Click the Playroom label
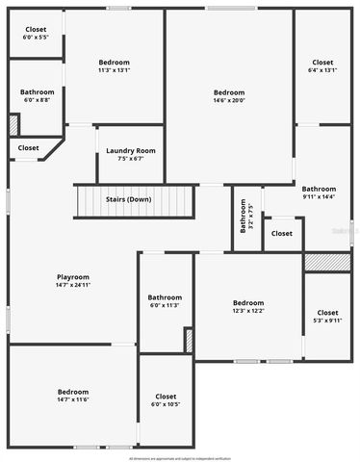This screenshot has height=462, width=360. [x=72, y=276]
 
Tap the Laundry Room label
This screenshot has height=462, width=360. [x=130, y=150]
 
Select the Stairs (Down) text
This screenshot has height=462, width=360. [x=128, y=199]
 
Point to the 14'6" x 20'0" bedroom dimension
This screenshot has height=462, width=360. [x=229, y=100]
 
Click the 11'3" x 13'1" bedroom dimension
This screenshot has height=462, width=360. [x=114, y=69]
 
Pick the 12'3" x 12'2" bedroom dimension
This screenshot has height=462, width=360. [x=247, y=311]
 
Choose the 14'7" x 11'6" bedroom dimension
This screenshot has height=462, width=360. [x=73, y=399]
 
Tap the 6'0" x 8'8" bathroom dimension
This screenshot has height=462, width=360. [x=37, y=99]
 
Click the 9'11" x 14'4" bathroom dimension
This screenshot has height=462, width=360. [x=319, y=196]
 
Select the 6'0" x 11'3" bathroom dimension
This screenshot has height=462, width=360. [x=165, y=305]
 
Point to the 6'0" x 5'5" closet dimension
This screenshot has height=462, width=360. [x=36, y=38]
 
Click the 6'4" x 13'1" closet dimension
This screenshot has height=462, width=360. [x=322, y=69]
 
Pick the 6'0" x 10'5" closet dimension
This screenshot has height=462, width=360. [x=165, y=403]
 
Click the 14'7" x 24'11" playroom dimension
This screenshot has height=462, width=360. [x=72, y=285]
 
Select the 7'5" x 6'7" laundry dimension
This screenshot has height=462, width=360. [x=130, y=159]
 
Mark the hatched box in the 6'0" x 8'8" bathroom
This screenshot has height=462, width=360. [x=13, y=125]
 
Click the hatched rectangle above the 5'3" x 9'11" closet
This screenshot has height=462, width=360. [x=327, y=262]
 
